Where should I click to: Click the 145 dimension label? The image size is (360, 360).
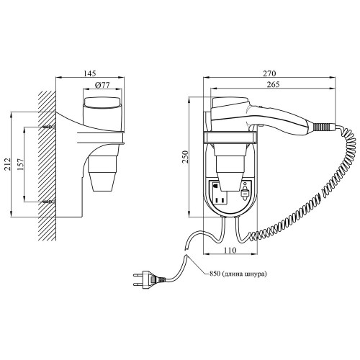coord(90,73)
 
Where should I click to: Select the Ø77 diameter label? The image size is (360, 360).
coord(102,85)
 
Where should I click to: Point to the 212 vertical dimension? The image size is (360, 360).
coord(8,164)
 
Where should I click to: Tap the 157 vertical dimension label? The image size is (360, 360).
coord(21,164)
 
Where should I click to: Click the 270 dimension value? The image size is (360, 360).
coord(269,73)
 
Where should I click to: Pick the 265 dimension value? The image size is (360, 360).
coord(273,84)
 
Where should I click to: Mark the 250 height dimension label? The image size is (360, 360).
coord(185,157)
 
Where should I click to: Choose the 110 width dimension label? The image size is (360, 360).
coord(230,251)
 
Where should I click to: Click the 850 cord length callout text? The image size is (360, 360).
coord(238,274)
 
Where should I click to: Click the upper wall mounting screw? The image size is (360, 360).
coord(49,127)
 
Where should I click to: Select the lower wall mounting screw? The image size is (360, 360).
coord(49,202)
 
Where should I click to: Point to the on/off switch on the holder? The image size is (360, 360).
coord(245,192)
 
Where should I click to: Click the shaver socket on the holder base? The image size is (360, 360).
coord(220,192)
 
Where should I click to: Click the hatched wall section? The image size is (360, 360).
coord(47,166)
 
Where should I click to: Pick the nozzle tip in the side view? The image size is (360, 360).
coord(102,181)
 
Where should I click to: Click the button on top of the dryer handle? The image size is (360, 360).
coord(260,107)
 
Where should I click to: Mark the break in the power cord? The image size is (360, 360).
coord(186,253)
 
